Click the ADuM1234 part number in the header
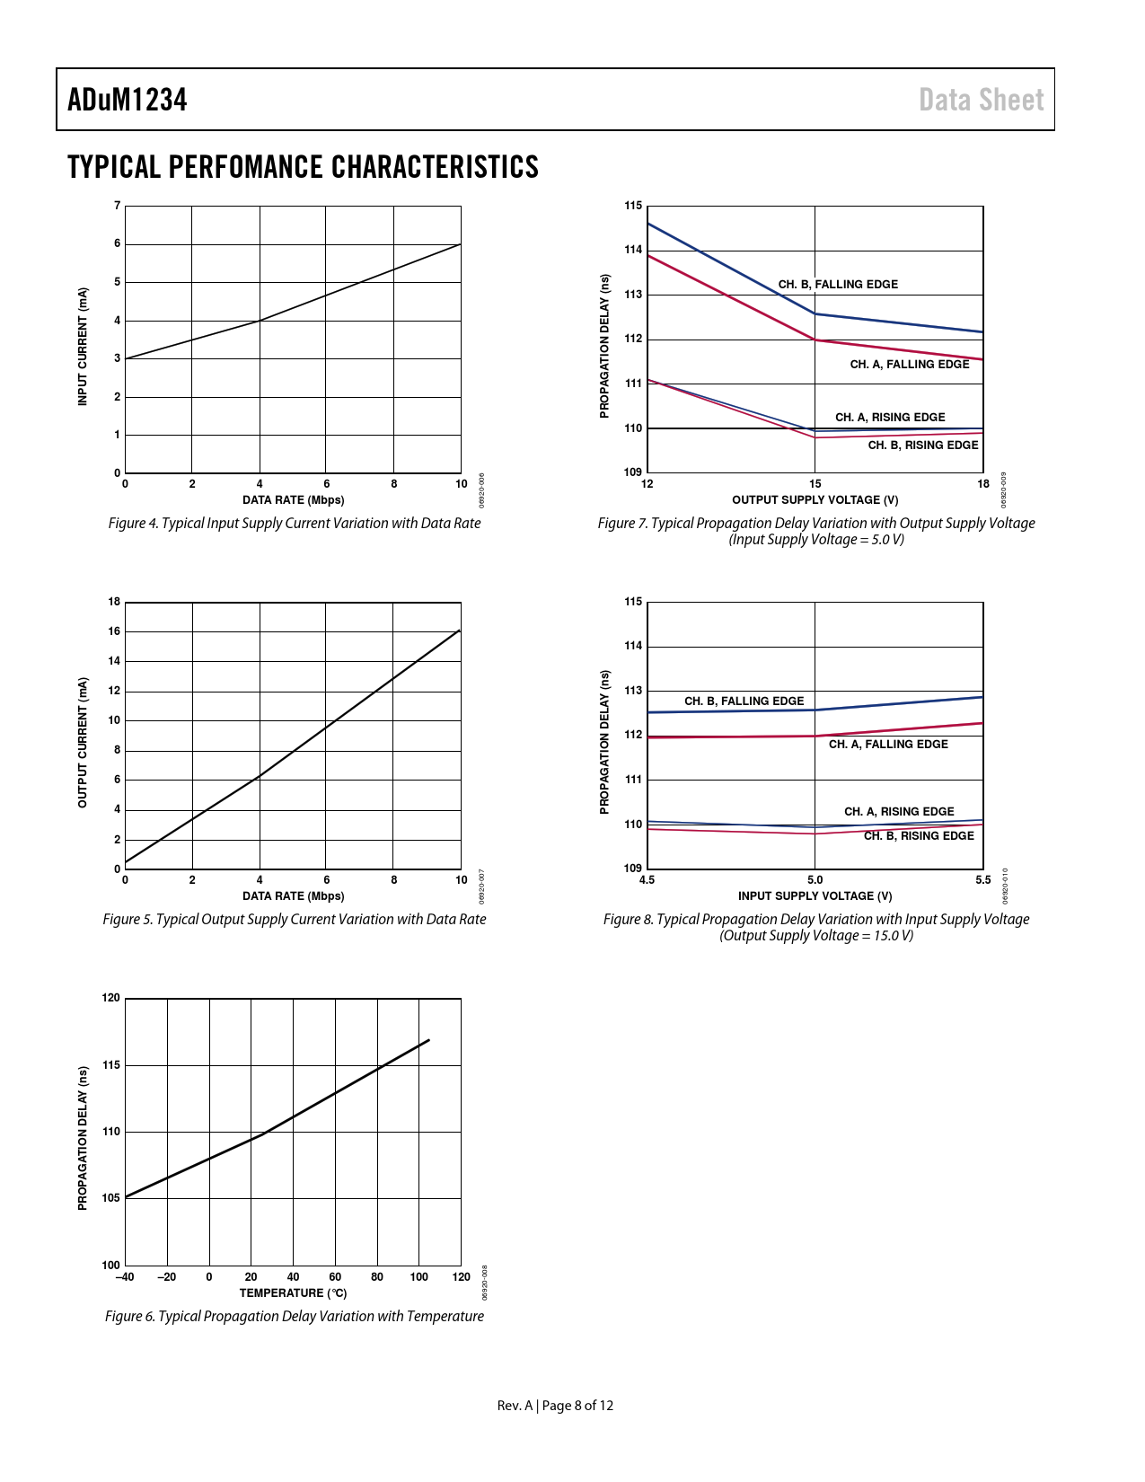[127, 100]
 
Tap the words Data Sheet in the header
[981, 100]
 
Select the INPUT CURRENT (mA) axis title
[83, 347]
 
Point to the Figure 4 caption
[295, 524]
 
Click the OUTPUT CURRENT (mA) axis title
[83, 743]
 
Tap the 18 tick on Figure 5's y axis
[114, 602]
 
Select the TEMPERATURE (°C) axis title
[293, 1293]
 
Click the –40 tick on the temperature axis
[125, 1277]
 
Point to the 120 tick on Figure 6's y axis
[111, 998]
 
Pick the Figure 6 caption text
[295, 1317]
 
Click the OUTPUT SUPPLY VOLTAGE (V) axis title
[815, 500]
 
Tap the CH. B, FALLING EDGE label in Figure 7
[838, 285]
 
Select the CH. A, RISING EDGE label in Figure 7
[890, 418]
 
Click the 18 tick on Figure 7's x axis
[983, 484]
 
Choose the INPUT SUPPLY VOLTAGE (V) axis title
[815, 896]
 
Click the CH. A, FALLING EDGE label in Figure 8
[888, 745]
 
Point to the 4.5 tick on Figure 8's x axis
[647, 880]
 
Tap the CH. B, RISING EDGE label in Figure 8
[919, 836]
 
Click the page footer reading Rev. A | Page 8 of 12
[555, 1406]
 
